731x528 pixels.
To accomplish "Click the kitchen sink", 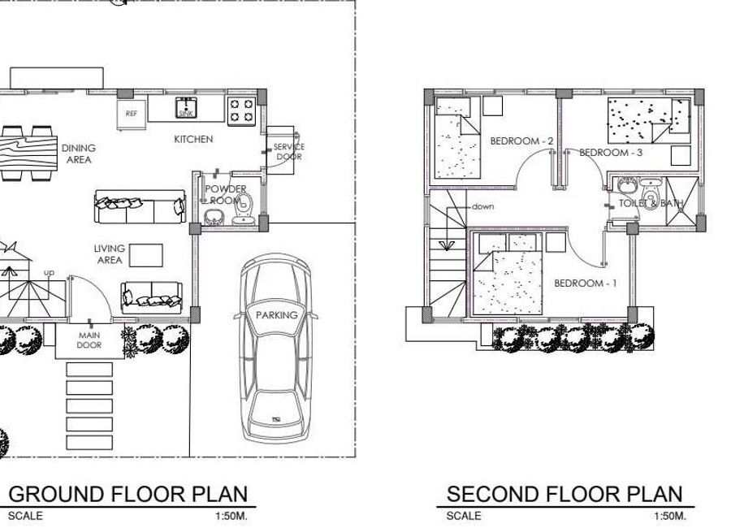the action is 186,108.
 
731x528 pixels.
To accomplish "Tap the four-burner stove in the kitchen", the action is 241,110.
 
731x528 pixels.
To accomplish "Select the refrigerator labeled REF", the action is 131,115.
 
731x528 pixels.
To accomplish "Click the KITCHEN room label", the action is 193,139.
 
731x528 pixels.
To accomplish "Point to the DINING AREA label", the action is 78,154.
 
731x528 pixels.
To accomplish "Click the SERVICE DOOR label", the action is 289,152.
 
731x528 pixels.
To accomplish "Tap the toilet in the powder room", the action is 244,209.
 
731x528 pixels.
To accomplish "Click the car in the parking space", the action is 276,348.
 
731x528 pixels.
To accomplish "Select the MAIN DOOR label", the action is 89,340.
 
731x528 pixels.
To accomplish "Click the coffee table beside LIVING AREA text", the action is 146,256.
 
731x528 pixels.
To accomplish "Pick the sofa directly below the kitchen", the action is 140,206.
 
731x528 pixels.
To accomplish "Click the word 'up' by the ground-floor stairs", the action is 49,272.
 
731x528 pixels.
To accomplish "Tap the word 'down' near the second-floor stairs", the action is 483,206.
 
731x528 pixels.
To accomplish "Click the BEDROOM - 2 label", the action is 521,141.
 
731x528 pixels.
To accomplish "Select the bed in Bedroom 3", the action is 648,120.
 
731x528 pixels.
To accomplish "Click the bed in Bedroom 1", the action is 508,274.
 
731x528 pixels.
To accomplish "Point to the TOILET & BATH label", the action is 651,203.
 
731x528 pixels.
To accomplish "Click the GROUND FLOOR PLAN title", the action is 128,494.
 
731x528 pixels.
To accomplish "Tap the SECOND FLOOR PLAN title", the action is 564,494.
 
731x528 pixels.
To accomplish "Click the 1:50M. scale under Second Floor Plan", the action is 670,516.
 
